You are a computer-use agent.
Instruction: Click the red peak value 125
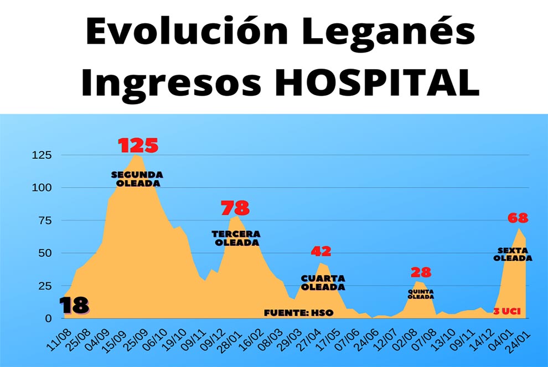click(138, 146)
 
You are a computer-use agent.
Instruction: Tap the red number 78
click(235, 208)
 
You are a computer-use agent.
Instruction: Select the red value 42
click(320, 251)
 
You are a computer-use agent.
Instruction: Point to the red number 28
click(421, 272)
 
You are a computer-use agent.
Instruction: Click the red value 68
click(518, 218)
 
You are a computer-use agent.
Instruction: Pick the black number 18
click(74, 306)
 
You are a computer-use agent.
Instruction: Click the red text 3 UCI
click(506, 312)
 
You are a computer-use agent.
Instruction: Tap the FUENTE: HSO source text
click(299, 313)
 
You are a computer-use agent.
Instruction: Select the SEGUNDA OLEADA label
click(137, 179)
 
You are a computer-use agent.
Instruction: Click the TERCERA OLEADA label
click(236, 238)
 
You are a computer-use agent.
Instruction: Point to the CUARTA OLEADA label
click(323, 282)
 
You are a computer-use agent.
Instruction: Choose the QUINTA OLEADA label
click(421, 293)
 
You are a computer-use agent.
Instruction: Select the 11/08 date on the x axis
click(59, 338)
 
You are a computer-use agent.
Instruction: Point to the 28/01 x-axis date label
click(228, 338)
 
